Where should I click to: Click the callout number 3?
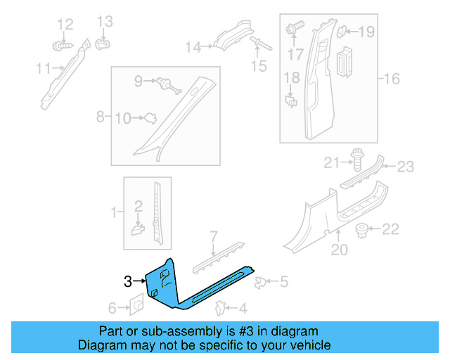[x=127, y=281]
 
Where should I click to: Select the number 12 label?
[x=65, y=25]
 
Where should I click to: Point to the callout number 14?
[x=193, y=47]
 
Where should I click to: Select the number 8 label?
[x=100, y=115]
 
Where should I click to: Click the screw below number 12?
[x=61, y=46]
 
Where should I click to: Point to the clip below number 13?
[x=103, y=44]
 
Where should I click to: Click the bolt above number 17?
[x=293, y=29]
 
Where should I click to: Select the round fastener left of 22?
[x=364, y=229]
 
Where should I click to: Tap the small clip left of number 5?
[x=260, y=283]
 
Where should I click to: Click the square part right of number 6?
[x=136, y=304]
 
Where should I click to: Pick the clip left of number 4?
[x=221, y=307]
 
